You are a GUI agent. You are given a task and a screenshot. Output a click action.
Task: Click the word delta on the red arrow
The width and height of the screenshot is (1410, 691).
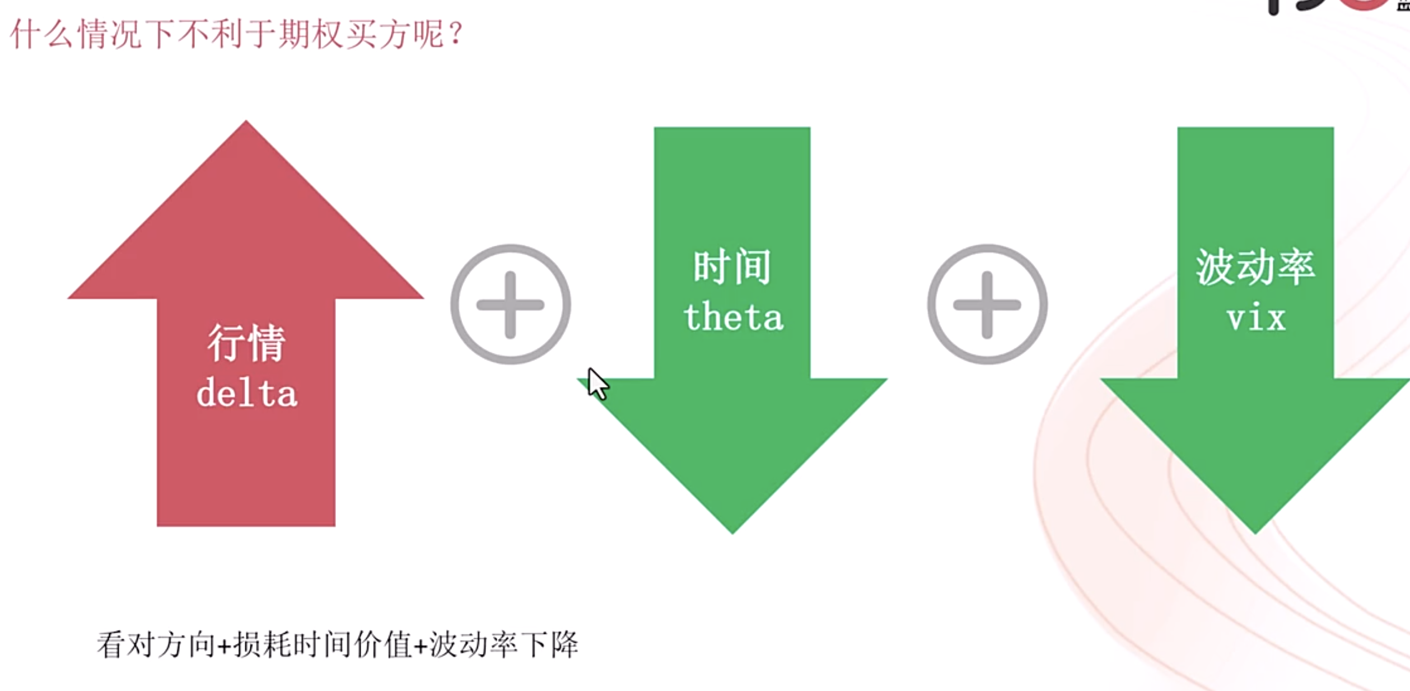tap(246, 393)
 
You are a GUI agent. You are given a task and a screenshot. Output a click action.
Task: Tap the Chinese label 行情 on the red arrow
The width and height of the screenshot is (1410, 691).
tap(246, 343)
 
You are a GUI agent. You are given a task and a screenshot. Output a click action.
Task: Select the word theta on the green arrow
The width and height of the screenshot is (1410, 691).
tap(733, 317)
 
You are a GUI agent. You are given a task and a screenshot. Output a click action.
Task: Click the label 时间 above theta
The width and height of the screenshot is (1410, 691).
tap(732, 267)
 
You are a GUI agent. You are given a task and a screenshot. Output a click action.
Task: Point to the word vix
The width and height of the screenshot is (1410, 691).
tap(1256, 318)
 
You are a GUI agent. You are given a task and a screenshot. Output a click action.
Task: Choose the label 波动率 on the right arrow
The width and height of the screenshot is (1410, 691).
tap(1255, 267)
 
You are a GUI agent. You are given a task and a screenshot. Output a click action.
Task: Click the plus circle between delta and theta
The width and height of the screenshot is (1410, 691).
tap(510, 305)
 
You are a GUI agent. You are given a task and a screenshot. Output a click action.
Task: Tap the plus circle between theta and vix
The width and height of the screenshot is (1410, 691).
tap(987, 305)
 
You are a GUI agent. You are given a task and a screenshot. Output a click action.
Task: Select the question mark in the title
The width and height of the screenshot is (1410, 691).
tap(456, 34)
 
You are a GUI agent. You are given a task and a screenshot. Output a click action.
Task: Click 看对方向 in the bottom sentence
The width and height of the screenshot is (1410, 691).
tap(156, 645)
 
